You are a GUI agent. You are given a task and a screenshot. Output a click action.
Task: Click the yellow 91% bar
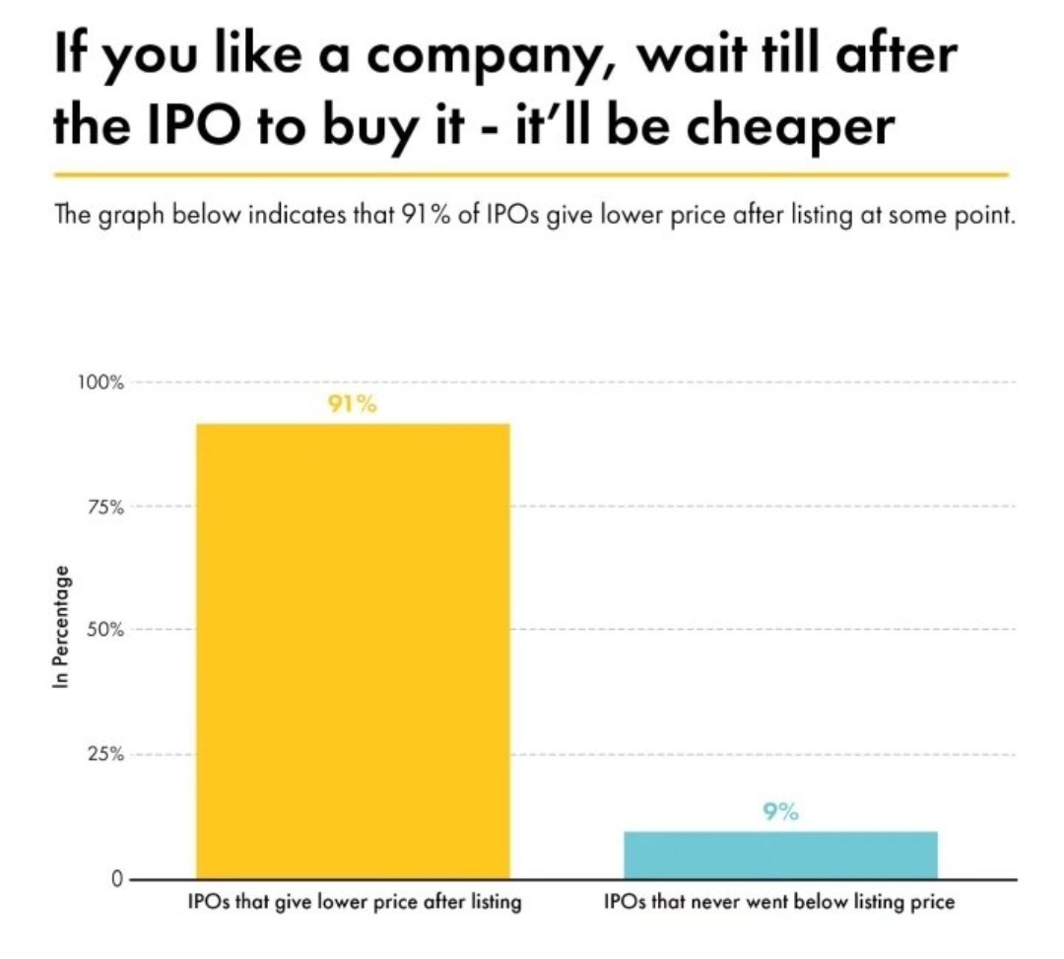[x=353, y=651]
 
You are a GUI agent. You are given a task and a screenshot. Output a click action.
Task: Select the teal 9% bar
[x=780, y=855]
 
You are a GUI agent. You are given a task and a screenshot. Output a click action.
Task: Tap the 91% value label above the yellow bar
[x=353, y=404]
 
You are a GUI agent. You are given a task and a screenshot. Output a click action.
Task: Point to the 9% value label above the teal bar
[x=780, y=812]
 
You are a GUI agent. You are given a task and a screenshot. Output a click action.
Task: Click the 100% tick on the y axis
[x=101, y=382]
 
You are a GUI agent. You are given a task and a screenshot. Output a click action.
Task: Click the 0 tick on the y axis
[x=115, y=879]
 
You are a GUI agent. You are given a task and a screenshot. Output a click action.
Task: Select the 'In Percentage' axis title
[x=61, y=628]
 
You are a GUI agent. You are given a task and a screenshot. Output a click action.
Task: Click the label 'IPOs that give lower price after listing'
[x=354, y=902]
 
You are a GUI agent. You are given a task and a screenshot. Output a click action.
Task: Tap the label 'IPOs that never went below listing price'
[x=779, y=902]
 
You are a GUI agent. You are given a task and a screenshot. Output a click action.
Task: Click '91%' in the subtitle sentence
[x=428, y=216]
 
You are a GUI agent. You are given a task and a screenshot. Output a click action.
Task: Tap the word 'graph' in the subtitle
[x=130, y=216]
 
